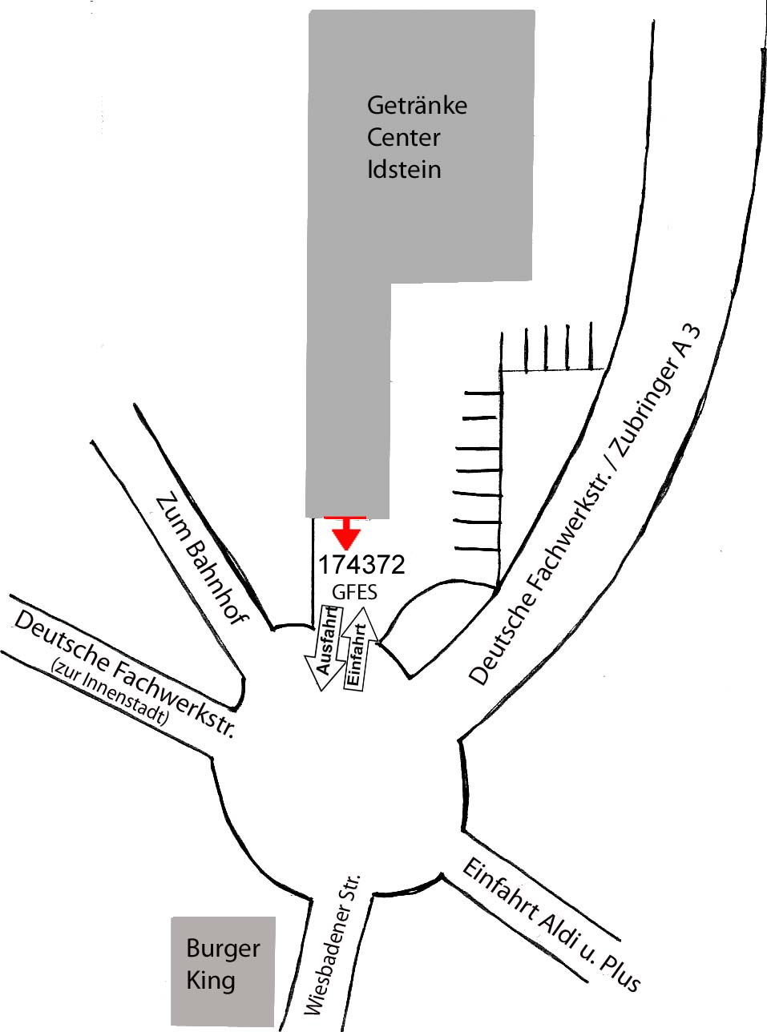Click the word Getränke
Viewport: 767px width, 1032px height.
point(417,106)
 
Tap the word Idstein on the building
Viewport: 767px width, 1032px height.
point(404,169)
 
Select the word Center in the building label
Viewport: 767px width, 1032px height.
point(403,137)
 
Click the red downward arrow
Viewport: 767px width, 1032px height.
point(345,532)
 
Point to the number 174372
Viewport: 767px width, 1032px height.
point(361,565)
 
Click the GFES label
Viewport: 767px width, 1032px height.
point(354,593)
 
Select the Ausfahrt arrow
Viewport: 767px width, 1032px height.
point(325,647)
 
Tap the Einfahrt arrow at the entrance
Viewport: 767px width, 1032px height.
point(360,649)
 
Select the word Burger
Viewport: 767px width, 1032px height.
point(223,949)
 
